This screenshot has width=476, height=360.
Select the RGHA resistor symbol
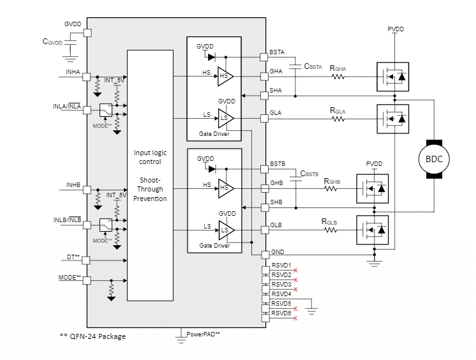pos(338,77)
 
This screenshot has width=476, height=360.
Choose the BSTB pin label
pos(278,165)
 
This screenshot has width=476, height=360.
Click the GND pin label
pos(277,253)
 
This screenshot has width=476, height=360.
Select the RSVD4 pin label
pos(281,294)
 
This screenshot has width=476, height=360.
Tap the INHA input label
pos(72,73)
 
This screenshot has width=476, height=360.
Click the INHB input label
pos(72,185)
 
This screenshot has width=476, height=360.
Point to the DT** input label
pos(73,257)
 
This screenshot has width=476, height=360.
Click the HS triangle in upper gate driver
pos(225,76)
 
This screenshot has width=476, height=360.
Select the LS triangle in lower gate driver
pos(225,229)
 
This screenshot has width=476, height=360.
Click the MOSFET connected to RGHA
pos(392,77)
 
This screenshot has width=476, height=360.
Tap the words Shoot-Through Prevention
pos(150,189)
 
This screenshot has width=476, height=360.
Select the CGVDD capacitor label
pos(53,41)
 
